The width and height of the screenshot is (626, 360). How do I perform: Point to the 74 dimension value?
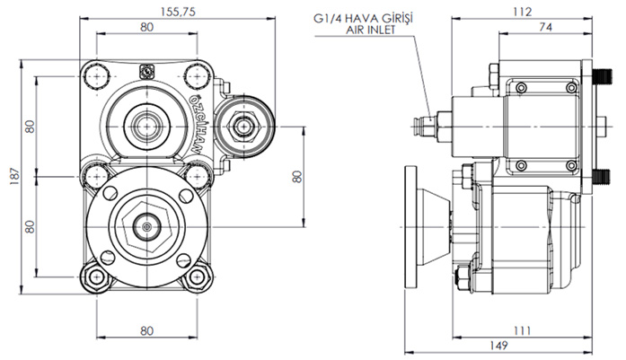pos(545,29)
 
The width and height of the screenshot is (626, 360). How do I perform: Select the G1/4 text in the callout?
pos(335,16)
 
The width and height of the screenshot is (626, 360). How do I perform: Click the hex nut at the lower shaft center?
pos(145,228)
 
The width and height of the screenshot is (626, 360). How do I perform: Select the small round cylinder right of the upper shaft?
pos(244,124)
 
